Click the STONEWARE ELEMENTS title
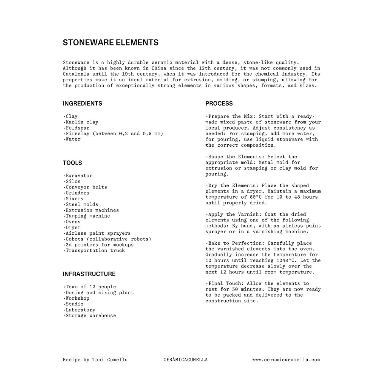111,43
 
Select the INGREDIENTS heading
82,103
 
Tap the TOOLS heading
72,163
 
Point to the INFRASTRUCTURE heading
89,274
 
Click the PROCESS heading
219,103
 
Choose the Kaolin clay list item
81,122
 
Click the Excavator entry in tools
79,176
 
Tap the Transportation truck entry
95,251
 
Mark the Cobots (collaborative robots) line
108,239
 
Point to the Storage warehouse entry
90,316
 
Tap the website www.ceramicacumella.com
286,360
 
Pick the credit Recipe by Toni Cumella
95,360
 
